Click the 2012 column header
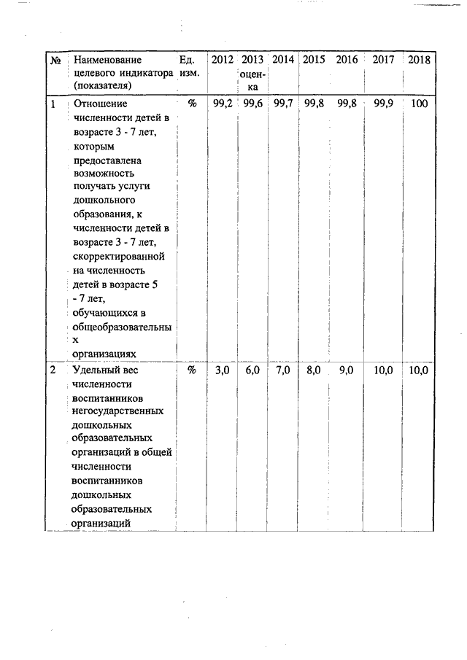point(222,59)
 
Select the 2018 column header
point(419,59)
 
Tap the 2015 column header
point(314,59)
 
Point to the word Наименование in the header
point(107,60)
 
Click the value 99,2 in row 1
point(223,104)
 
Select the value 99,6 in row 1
point(252,104)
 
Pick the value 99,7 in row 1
point(282,104)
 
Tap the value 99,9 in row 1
point(383,104)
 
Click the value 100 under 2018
point(419,104)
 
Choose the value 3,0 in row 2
point(222,370)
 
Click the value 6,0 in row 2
point(252,370)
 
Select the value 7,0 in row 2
point(282,370)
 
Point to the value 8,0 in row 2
point(314,370)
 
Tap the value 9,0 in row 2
point(347,370)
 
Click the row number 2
point(53,370)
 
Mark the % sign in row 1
point(192,104)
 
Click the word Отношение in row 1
point(100,104)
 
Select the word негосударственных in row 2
point(118,411)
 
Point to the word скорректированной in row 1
point(119,257)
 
